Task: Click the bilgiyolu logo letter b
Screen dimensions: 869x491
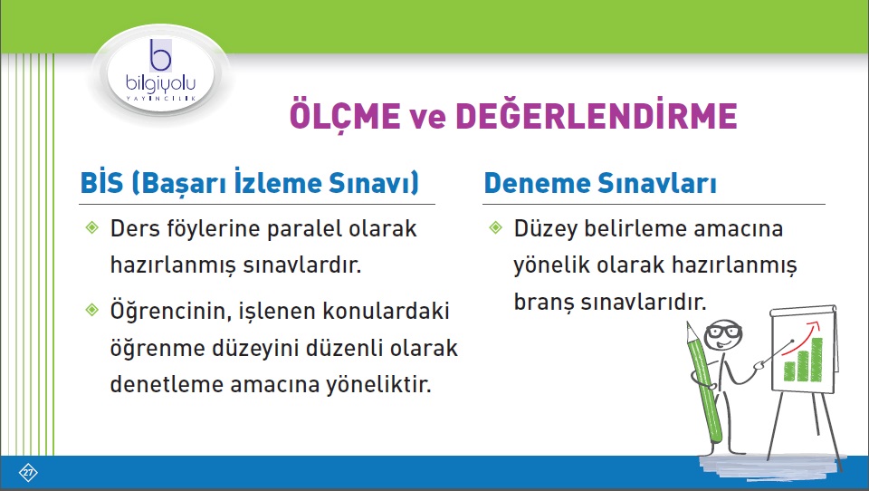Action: point(161,55)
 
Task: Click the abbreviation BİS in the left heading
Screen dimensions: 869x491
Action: point(102,182)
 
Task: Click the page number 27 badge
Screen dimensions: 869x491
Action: point(28,473)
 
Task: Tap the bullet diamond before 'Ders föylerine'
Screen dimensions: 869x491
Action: point(92,227)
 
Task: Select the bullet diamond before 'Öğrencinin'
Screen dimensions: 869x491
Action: point(92,310)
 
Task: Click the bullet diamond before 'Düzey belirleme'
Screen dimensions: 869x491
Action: point(496,227)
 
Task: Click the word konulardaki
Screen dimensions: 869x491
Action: point(386,311)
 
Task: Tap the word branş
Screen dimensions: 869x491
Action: point(542,303)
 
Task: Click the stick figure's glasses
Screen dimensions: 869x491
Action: point(723,332)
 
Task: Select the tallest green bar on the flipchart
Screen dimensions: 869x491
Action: point(816,360)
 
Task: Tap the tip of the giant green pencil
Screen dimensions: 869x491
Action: point(688,323)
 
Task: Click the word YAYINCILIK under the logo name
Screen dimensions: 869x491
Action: point(161,98)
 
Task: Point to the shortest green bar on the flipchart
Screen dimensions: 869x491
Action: point(789,371)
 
